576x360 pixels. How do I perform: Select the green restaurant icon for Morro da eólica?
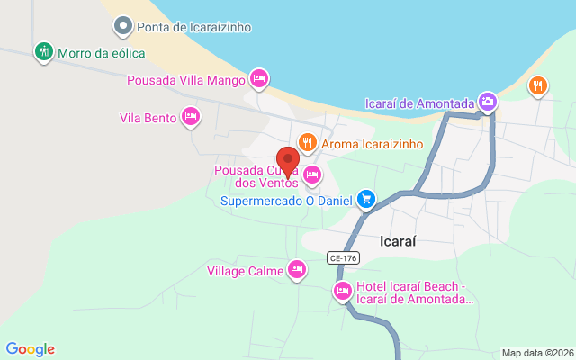click(42, 52)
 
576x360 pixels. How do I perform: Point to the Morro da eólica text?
click(101, 53)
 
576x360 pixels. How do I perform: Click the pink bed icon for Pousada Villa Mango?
click(259, 79)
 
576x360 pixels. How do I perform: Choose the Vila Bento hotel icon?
click(191, 116)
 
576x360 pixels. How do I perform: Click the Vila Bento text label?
click(147, 117)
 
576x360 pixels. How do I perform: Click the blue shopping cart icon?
click(365, 199)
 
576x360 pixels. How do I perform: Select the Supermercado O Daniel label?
click(286, 200)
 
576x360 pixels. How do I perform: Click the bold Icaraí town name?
click(397, 240)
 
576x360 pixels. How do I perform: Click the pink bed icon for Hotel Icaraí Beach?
click(343, 290)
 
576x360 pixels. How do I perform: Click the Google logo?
click(30, 349)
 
